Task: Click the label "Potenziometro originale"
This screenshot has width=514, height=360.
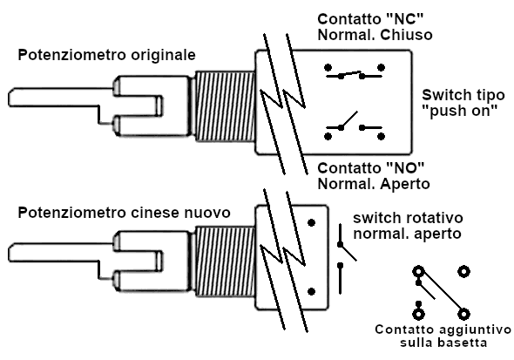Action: pyautogui.click(x=107, y=56)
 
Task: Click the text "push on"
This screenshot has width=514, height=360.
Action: pyautogui.click(x=460, y=112)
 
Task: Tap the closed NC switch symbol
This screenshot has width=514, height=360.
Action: pyautogui.click(x=354, y=72)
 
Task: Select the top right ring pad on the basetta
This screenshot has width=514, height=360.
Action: pyautogui.click(x=463, y=273)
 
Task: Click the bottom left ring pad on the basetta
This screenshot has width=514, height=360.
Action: pyautogui.click(x=419, y=313)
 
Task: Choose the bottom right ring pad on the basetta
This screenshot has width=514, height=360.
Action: pyautogui.click(x=463, y=313)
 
